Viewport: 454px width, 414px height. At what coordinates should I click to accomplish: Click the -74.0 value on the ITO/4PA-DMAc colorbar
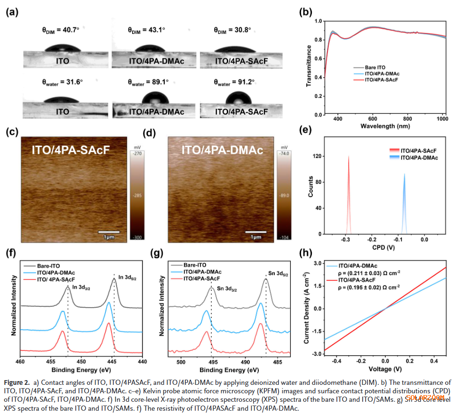click(287, 153)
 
